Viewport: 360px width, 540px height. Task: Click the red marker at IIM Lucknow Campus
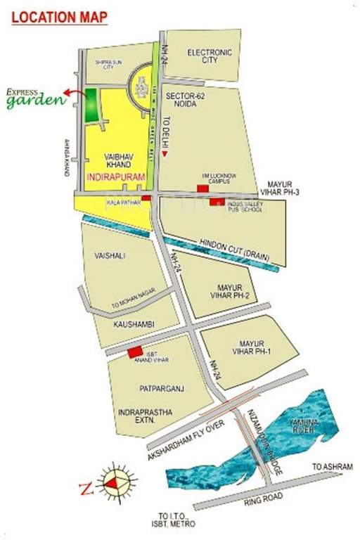[203, 188]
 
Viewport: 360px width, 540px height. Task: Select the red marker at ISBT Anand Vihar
[135, 352]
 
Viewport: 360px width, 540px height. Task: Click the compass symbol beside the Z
[115, 484]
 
